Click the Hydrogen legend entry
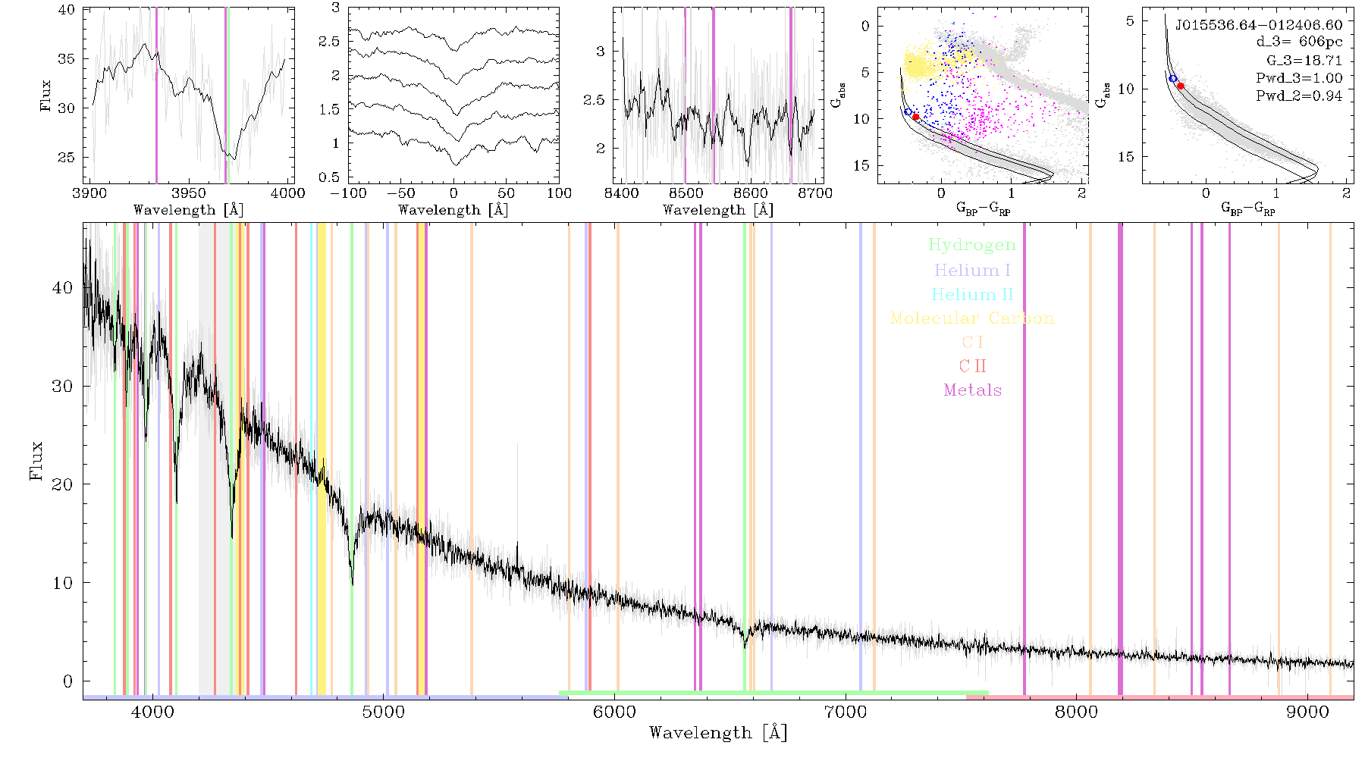[x=972, y=246]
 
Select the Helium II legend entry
[x=972, y=294]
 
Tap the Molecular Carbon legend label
[x=972, y=318]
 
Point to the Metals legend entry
[x=972, y=390]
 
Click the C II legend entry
[x=972, y=366]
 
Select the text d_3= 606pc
[x=1299, y=42]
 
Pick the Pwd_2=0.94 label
[x=1299, y=96]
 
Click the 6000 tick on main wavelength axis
[x=614, y=712]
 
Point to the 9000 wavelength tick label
[x=1307, y=712]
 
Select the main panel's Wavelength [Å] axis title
[x=717, y=732]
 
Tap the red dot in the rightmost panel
[x=1180, y=86]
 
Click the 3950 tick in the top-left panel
[x=189, y=193]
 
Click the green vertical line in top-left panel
[x=227, y=96]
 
